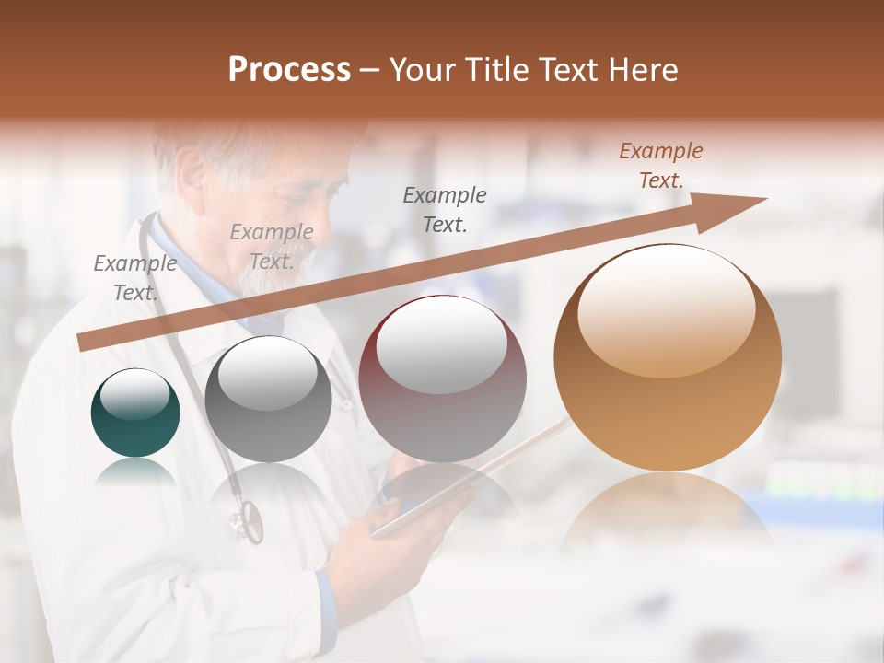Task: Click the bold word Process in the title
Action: tap(289, 70)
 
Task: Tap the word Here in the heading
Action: tap(644, 70)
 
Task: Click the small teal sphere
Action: tap(135, 413)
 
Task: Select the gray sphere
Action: tap(268, 401)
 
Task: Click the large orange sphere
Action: tap(668, 359)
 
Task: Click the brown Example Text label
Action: tap(661, 166)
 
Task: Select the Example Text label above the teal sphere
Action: tap(135, 278)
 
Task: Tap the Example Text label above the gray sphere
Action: tap(271, 247)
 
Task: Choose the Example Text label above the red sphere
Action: tap(445, 209)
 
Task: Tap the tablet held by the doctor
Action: tap(460, 488)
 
